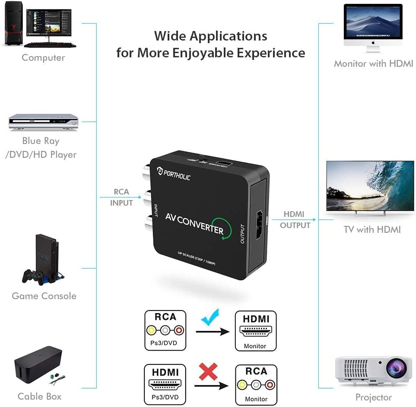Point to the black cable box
[x=38, y=365]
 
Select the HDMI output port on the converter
[x=260, y=226]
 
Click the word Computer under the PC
[x=43, y=58]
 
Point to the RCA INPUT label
[x=121, y=197]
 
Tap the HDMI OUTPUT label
[x=295, y=219]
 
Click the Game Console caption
[x=44, y=296]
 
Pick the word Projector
[x=373, y=397]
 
